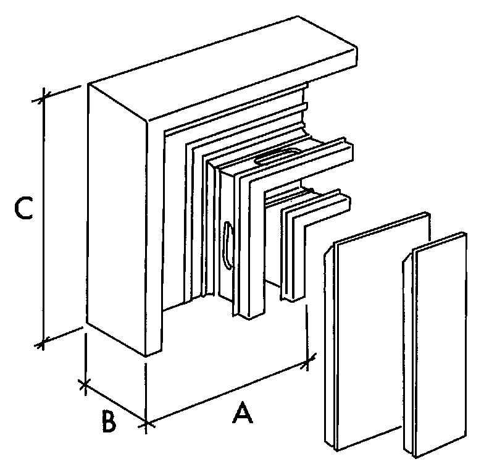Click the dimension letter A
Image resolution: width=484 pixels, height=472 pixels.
point(243,412)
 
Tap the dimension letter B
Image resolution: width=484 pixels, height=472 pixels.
point(109,421)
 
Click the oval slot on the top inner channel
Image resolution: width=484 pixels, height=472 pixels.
point(278,157)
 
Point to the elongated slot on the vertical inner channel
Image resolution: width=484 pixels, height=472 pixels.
point(228,246)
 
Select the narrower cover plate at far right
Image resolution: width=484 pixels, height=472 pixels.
point(436,345)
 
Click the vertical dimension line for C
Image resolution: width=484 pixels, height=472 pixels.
point(44,219)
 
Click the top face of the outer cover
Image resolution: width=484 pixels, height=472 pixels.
point(222,69)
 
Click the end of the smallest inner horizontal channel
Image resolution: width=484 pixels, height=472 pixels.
point(348,203)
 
